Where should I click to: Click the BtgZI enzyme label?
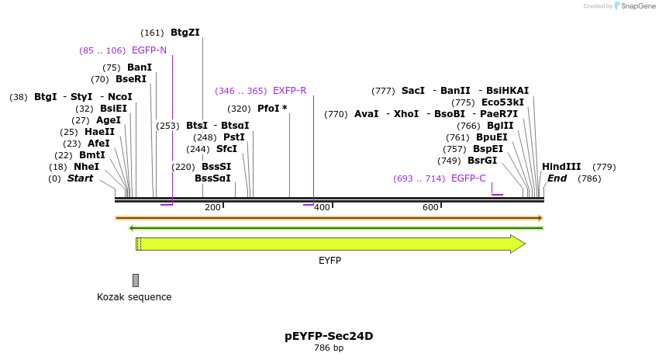tap(185, 33)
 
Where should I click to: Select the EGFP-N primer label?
tap(149, 50)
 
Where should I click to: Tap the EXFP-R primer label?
tap(289, 91)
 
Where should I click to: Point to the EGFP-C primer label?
tap(468, 178)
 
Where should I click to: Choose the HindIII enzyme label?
tap(561, 167)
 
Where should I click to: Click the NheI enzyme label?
tap(86, 167)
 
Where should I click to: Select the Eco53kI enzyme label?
tap(502, 102)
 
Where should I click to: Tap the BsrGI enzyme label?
tap(482, 161)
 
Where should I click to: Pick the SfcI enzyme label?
tap(226, 149)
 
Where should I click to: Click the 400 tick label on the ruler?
tap(322, 207)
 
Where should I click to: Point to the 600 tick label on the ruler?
tap(430, 207)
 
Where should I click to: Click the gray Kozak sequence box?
tap(136, 280)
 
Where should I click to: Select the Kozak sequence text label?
tap(134, 297)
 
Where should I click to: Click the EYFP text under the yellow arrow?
tap(329, 261)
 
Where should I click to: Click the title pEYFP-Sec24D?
tap(329, 336)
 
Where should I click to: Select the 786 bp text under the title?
tap(329, 348)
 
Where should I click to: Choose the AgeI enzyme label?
tap(109, 120)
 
